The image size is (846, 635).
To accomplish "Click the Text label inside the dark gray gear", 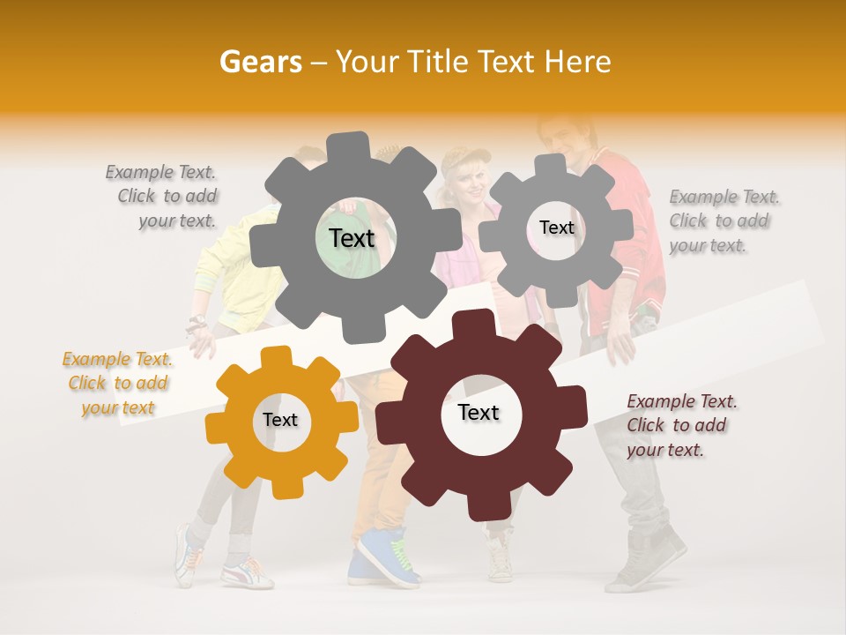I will (352, 238).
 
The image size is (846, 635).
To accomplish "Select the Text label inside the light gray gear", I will (556, 228).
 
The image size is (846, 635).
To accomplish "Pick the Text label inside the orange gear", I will (280, 420).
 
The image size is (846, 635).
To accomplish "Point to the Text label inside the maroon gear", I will (479, 413).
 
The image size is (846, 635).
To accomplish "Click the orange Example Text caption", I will (118, 383).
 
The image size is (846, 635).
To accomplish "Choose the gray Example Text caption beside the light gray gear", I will (724, 220).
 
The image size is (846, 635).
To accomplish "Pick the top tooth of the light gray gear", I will (551, 164).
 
